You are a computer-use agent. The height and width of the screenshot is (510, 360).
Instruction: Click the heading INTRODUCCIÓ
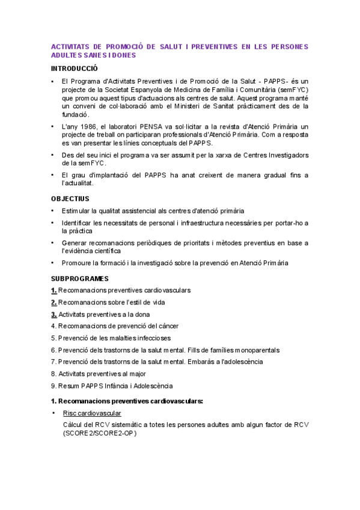[74, 68]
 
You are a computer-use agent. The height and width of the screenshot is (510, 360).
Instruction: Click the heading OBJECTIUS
[70, 198]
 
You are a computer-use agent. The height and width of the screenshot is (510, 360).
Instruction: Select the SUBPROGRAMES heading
[79, 278]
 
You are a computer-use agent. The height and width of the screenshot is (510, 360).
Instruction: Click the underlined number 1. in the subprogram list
[54, 290]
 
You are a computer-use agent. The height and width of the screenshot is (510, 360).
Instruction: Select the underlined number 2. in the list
[54, 302]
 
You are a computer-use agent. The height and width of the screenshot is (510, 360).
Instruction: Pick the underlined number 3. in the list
[54, 314]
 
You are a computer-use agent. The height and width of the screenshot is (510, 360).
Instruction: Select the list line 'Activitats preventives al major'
[98, 373]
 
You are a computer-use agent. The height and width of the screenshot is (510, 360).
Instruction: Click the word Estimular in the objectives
[77, 210]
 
